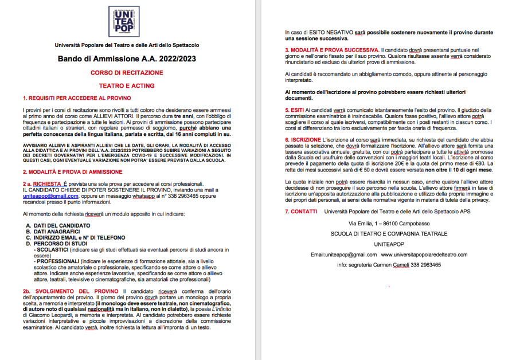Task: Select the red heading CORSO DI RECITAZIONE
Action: click(x=127, y=73)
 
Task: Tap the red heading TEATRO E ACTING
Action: click(x=127, y=84)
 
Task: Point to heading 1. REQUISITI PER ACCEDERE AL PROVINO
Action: click(x=77, y=98)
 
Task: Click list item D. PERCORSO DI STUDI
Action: click(x=59, y=243)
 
